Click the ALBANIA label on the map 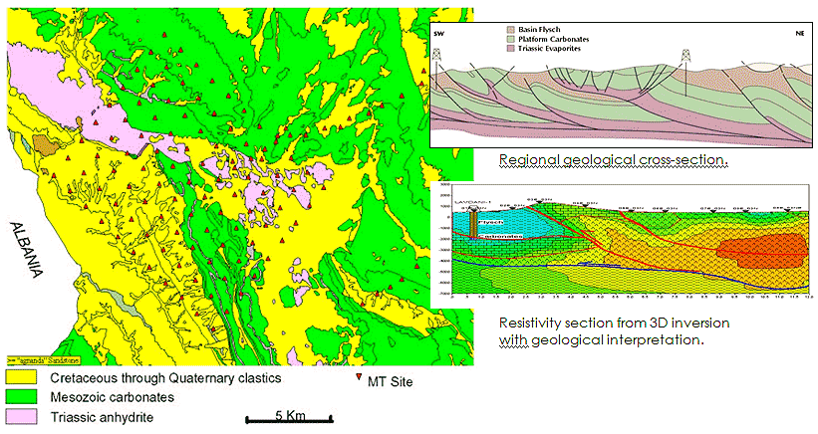[21, 250]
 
